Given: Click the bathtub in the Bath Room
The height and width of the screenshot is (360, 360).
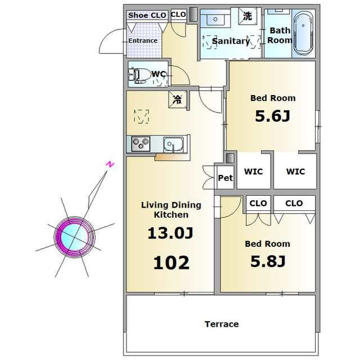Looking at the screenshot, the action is pos(303,33).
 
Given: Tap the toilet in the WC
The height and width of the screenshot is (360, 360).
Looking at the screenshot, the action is pos(138,75).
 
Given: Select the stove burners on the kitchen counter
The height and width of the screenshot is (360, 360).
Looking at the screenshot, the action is pos(141,144).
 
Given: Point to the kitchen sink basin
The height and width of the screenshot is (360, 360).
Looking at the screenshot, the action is pos(173,145).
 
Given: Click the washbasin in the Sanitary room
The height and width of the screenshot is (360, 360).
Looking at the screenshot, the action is pos(215,19).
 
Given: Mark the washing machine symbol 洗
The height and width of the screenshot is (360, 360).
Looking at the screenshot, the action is pos(247,16).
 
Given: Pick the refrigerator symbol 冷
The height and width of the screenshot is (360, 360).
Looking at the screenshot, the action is pos(177,100).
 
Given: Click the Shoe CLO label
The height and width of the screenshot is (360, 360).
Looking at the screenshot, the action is pos(147,15).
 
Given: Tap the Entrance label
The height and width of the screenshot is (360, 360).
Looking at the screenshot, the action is pos(143,40).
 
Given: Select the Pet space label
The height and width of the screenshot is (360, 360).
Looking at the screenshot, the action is pos(225,178).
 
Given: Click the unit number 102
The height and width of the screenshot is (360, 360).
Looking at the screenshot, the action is pos(171,263).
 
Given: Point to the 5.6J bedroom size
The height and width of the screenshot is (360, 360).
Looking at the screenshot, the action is pos(272,116).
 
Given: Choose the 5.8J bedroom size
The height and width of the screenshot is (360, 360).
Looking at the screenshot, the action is pos(268,261).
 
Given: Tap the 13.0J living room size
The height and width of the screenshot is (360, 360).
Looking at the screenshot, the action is pos(170,233).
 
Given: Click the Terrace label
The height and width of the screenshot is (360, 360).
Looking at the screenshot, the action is pos(222,324).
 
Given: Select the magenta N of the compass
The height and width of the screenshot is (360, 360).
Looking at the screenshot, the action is pos(110,164).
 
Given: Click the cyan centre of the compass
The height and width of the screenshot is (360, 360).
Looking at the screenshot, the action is pos(74,236).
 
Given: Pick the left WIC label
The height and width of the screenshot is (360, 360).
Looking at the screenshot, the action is pos(254,172).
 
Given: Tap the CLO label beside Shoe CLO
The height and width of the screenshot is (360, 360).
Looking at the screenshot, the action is pos(178,15).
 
